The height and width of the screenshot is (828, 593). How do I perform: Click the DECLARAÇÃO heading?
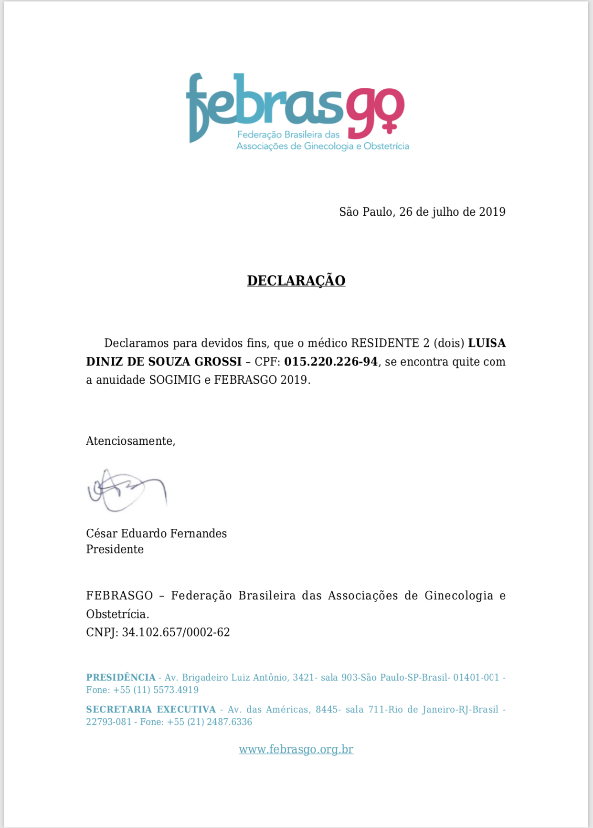pyautogui.click(x=296, y=281)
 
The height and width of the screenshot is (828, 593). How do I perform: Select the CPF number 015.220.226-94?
pyautogui.click(x=330, y=362)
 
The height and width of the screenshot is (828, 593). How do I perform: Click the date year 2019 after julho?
pyautogui.click(x=492, y=212)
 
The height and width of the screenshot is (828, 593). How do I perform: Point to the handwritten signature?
pyautogui.click(x=127, y=490)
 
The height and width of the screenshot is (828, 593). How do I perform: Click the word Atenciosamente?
pyautogui.click(x=130, y=441)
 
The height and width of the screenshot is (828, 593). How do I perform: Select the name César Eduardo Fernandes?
pyautogui.click(x=156, y=533)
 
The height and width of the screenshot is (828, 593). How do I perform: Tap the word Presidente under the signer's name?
pyautogui.click(x=115, y=549)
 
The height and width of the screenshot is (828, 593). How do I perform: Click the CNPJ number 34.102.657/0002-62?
pyautogui.click(x=176, y=632)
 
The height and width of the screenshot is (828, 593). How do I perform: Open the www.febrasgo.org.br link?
pyautogui.click(x=296, y=749)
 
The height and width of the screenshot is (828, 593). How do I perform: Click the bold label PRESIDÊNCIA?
pyautogui.click(x=121, y=678)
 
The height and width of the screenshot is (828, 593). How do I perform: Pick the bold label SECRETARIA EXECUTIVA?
pyautogui.click(x=151, y=710)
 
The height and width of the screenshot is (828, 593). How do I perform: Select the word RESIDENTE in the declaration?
pyautogui.click(x=385, y=343)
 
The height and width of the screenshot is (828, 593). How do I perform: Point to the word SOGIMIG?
pyautogui.click(x=175, y=380)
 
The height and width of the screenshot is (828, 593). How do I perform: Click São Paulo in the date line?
pyautogui.click(x=366, y=212)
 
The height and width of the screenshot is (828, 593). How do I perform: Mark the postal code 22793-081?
pyautogui.click(x=108, y=722)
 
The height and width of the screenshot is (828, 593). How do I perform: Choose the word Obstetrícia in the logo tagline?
pyautogui.click(x=386, y=146)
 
